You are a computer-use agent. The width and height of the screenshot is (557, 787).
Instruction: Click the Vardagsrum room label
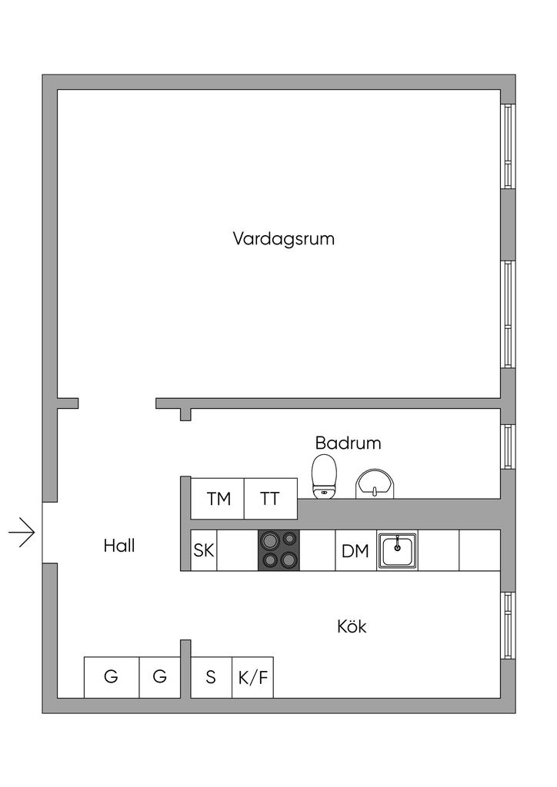tap(283, 238)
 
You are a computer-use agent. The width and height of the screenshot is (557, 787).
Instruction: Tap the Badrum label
tap(348, 443)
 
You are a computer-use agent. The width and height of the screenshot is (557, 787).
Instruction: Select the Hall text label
tap(119, 546)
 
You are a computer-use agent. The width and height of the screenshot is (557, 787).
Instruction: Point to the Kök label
tap(352, 626)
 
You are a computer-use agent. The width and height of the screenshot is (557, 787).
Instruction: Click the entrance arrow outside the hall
tap(22, 532)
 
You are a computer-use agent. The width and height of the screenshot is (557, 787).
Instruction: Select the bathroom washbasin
tap(375, 484)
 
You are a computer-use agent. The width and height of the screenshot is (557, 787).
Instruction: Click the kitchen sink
tap(397, 550)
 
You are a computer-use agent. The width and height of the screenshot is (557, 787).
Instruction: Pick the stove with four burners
tap(278, 550)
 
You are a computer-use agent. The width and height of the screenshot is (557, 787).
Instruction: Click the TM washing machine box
tap(218, 498)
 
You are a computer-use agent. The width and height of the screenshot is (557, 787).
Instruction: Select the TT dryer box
tap(271, 498)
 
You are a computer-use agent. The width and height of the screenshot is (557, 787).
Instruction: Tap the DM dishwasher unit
tap(355, 550)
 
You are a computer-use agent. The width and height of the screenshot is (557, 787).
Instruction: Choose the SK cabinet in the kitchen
tap(204, 550)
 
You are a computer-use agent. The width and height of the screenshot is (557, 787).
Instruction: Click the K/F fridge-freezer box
tap(252, 677)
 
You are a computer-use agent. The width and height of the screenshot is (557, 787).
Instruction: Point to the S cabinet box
tap(212, 677)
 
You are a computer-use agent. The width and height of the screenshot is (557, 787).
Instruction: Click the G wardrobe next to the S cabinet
tap(160, 677)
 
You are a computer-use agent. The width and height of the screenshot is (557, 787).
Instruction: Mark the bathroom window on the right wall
tap(509, 447)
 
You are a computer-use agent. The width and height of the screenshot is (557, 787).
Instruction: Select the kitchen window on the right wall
tap(509, 626)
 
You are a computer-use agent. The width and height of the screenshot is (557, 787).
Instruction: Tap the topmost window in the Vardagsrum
tap(509, 146)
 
